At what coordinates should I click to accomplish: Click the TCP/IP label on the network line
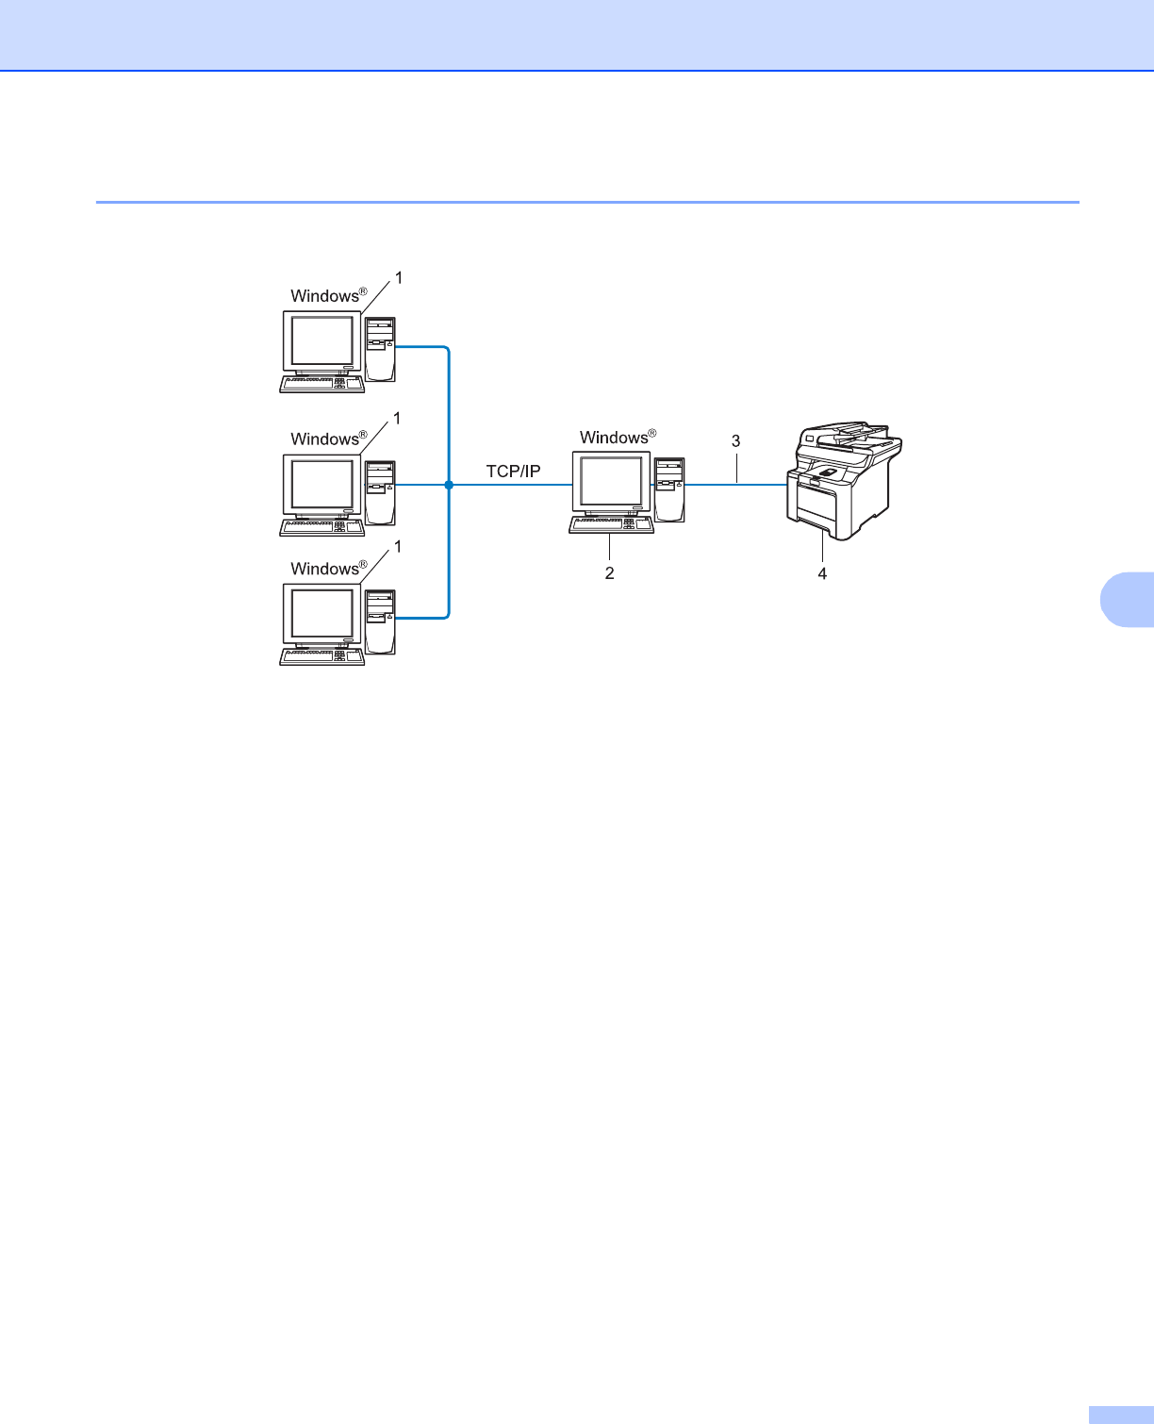(x=513, y=472)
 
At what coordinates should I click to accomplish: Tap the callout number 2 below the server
(x=610, y=573)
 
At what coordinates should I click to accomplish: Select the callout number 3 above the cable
(x=736, y=440)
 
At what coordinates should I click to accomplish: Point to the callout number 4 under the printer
(x=822, y=573)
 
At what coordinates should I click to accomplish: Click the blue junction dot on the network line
(x=449, y=485)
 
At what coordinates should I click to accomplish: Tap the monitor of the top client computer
(x=322, y=341)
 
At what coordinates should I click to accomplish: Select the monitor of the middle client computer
(x=322, y=485)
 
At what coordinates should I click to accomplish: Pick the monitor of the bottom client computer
(x=322, y=614)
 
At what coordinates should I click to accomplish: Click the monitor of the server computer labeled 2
(x=612, y=482)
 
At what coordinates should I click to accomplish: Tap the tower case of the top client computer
(x=381, y=348)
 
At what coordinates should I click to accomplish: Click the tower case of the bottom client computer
(x=381, y=621)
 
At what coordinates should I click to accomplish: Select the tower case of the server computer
(x=670, y=488)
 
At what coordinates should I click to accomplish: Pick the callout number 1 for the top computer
(x=398, y=277)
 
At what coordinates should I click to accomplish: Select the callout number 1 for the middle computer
(x=397, y=418)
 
